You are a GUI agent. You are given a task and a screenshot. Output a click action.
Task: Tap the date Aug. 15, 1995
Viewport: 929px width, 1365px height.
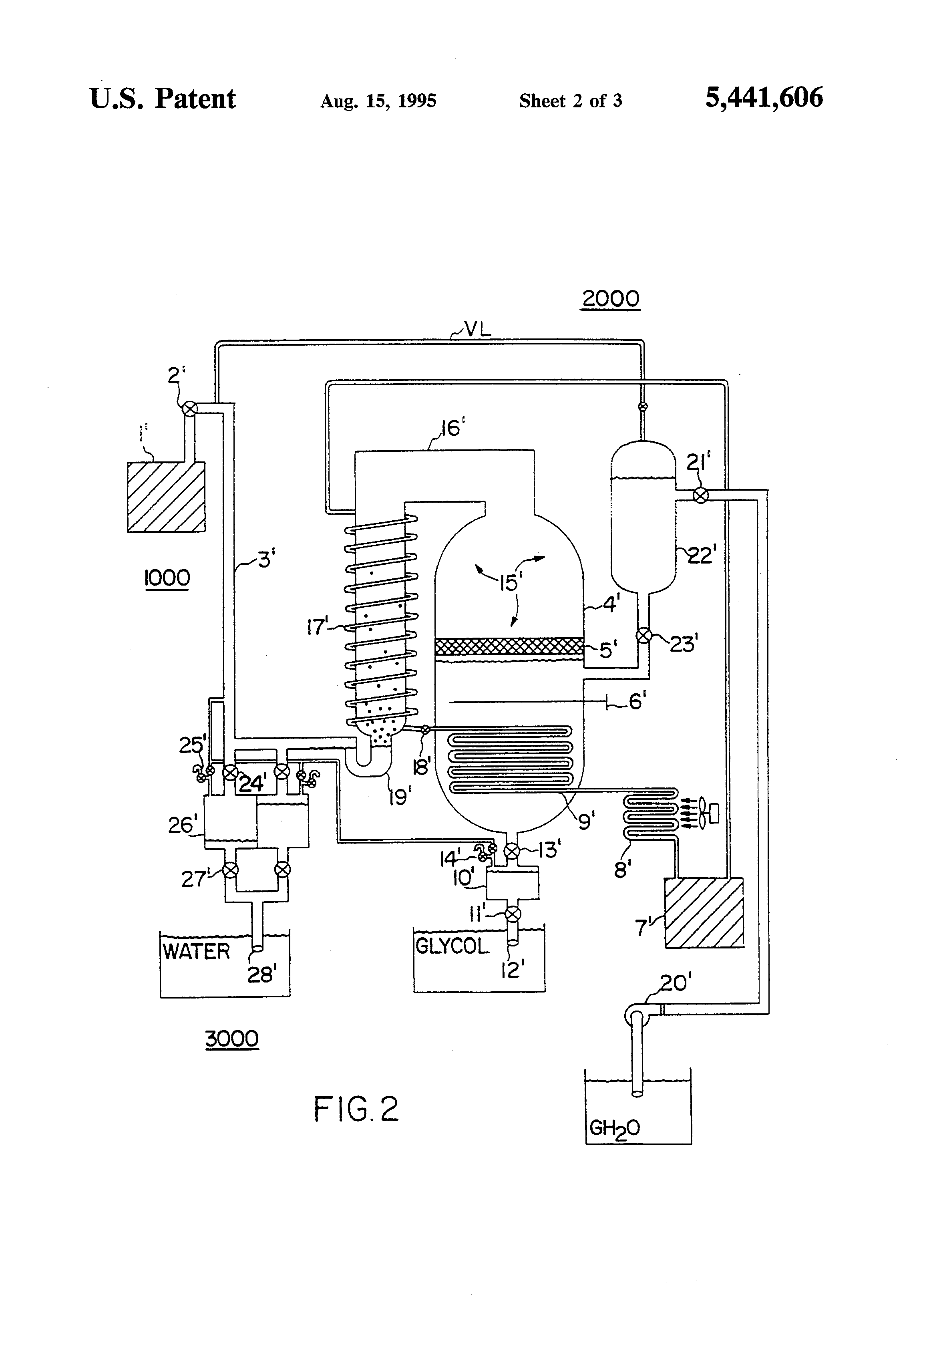378,101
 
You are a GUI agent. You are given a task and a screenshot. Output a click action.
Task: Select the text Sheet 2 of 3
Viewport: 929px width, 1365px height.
570,101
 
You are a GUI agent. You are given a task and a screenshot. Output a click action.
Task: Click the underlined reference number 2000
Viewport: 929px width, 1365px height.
610,298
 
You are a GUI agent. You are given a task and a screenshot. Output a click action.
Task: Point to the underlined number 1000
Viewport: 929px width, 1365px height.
167,578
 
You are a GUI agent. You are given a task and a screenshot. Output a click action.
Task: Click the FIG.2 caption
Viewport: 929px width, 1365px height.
356,1109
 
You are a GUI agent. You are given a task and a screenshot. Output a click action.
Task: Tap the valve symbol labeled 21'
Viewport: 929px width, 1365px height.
700,496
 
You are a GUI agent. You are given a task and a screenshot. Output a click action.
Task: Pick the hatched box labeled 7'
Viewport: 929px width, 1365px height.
704,912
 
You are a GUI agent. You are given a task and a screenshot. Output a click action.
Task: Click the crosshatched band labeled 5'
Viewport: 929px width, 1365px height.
509,646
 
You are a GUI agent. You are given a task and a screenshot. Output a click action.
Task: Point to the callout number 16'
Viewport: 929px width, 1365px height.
450,429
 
